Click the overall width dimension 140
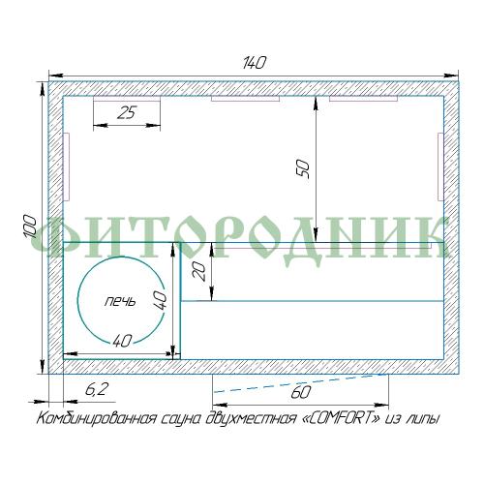pos(254,63)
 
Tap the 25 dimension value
pos(127,112)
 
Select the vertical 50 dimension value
pos(303,169)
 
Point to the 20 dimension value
pos(198,271)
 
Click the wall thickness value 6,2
pos(96,390)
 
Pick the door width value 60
pos(301,392)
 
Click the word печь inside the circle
pos(120,302)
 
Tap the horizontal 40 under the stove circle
pos(122,341)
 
